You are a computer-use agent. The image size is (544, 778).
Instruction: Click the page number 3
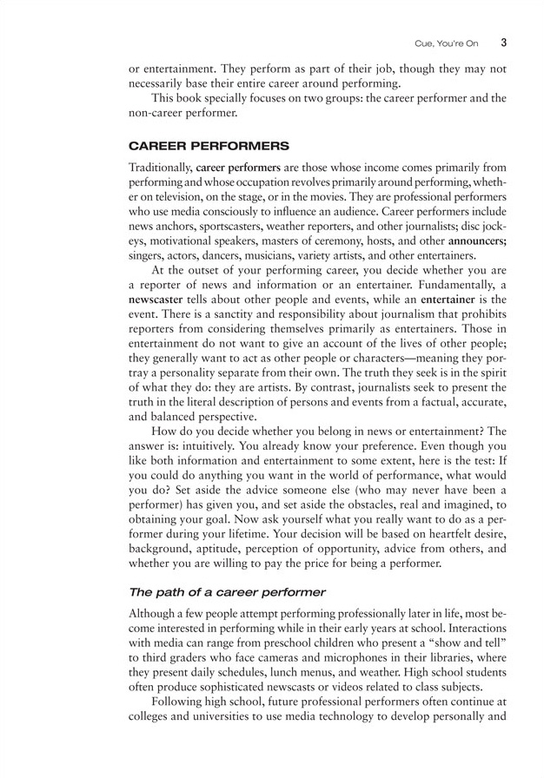pyautogui.click(x=504, y=41)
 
